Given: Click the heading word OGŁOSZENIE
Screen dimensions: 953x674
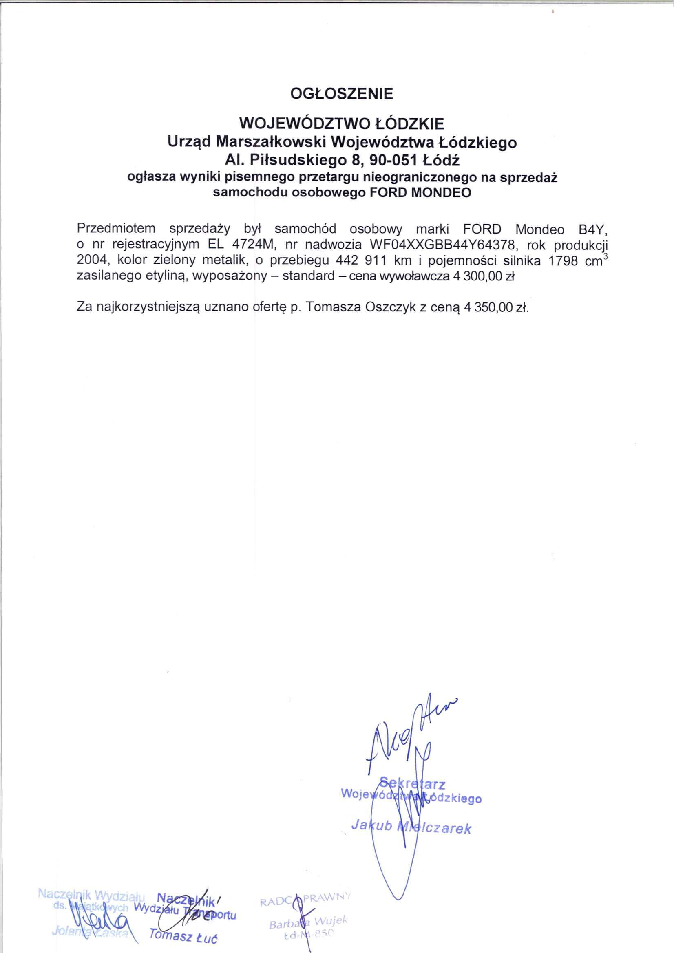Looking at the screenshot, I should [x=341, y=94].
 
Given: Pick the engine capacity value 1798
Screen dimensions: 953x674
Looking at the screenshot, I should [x=564, y=260].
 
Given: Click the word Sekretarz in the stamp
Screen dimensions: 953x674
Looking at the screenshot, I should [x=412, y=784].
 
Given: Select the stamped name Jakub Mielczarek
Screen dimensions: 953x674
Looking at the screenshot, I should [x=411, y=827].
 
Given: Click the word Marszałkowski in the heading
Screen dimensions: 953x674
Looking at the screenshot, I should [x=270, y=142].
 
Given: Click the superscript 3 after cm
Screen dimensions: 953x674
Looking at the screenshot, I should [x=605, y=256].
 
